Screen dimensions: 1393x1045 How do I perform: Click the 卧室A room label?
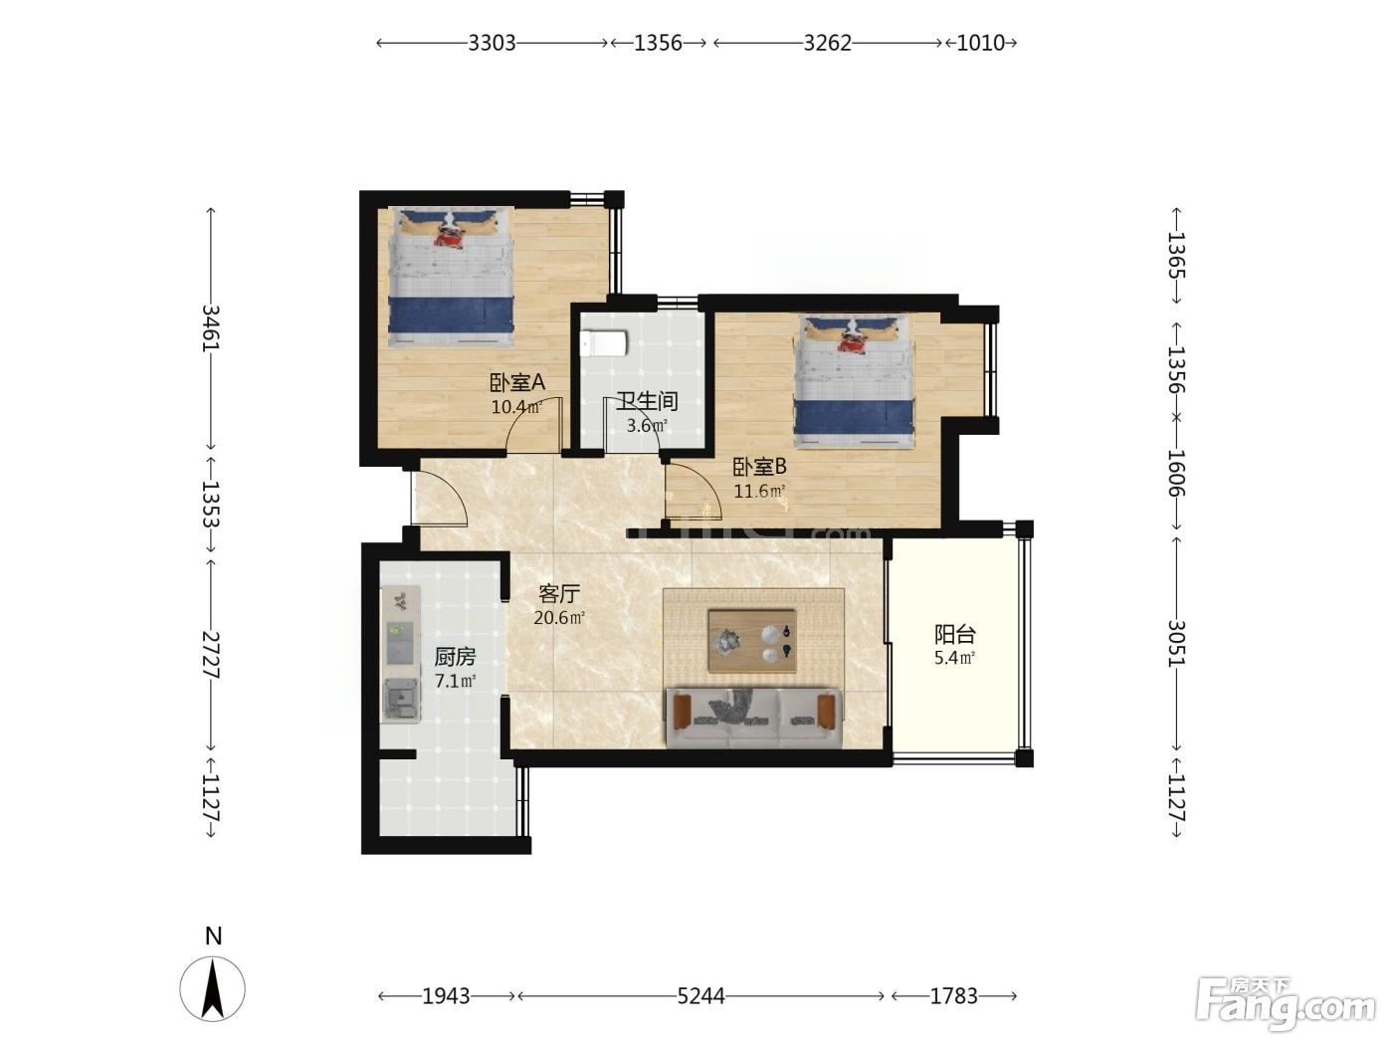click(516, 382)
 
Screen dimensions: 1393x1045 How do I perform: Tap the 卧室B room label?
click(759, 467)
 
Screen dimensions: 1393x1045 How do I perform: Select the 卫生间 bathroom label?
click(647, 401)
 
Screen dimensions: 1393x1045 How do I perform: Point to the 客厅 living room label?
click(558, 594)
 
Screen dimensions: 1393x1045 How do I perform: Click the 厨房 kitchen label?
click(455, 657)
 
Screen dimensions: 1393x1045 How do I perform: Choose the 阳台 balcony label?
click(954, 634)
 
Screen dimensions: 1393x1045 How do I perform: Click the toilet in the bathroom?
click(604, 343)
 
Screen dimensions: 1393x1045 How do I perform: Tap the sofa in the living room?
click(753, 717)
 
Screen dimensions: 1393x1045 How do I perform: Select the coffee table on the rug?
click(752, 641)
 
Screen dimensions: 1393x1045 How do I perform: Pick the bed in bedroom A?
click(451, 277)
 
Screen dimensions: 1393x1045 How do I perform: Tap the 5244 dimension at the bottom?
click(700, 996)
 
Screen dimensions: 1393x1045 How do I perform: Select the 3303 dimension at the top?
click(492, 43)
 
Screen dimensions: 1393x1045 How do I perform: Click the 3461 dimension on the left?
click(211, 328)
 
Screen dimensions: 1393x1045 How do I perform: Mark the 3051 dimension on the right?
click(1177, 643)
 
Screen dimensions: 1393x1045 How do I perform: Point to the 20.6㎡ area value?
click(558, 617)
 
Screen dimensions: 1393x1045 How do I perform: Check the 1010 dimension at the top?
click(980, 43)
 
